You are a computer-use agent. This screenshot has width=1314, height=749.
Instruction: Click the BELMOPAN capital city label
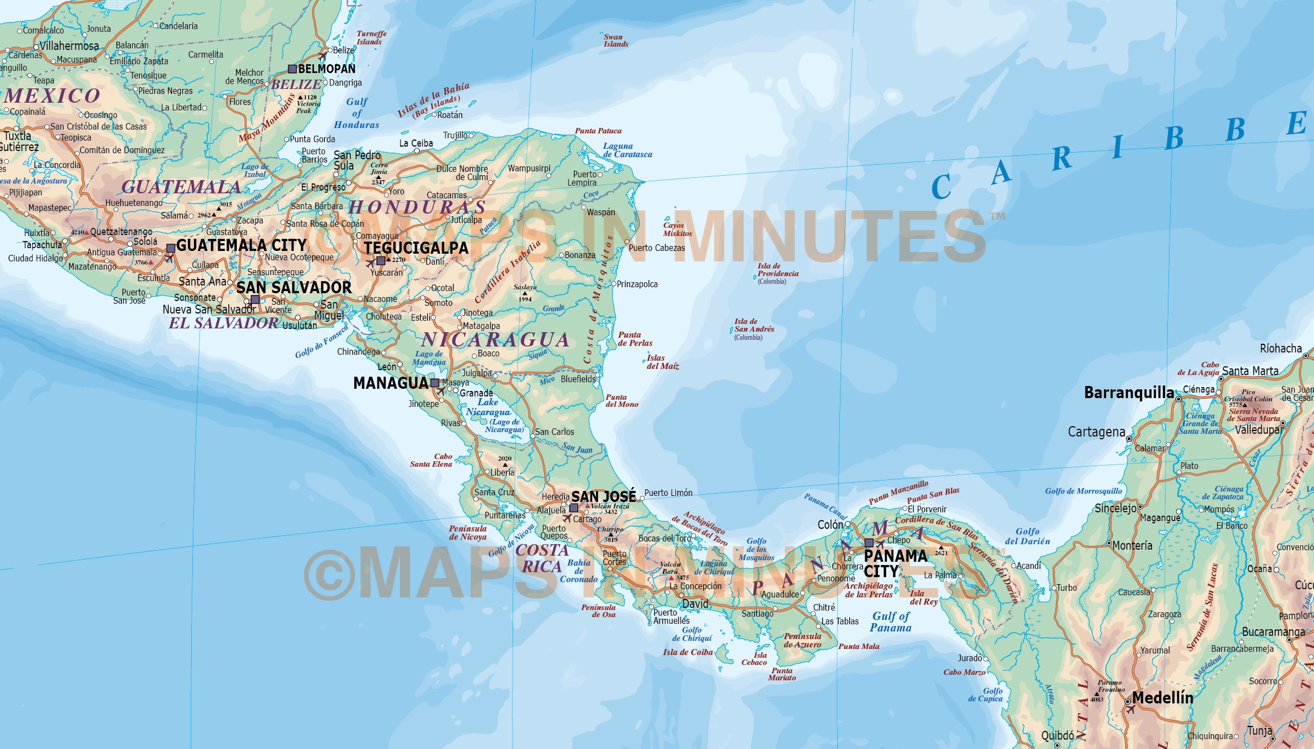(326, 69)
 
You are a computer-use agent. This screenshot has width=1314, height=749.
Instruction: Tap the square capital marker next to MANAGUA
(435, 383)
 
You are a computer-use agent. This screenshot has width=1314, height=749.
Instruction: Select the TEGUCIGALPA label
(416, 248)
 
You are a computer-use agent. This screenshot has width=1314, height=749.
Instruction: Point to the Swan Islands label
(615, 41)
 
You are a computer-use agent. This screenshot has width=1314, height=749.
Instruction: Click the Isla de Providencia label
(777, 270)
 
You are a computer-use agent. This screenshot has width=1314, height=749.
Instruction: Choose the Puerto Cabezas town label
(656, 248)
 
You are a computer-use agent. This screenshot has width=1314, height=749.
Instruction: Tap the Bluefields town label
(578, 379)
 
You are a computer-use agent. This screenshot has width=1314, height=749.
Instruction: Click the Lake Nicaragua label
(488, 407)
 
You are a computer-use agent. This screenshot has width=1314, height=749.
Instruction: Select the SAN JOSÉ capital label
(603, 496)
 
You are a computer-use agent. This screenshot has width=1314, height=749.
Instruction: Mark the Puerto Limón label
(668, 493)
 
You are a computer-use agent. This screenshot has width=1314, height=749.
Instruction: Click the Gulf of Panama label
(890, 622)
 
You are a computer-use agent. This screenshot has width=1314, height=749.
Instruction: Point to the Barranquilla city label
(1128, 393)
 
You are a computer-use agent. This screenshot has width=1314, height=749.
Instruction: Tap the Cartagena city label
(1096, 432)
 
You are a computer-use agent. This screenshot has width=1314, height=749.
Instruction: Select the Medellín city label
(1162, 698)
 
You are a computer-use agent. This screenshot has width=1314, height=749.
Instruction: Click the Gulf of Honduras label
(357, 113)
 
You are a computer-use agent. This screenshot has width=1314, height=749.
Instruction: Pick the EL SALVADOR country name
(223, 323)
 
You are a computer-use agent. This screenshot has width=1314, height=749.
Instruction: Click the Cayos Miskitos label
(677, 229)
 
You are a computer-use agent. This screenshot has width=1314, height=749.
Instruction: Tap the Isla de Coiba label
(687, 652)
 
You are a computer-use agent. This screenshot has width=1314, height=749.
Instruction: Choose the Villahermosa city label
(69, 46)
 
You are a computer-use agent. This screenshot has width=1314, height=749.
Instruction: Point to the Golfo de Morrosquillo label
(1083, 491)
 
